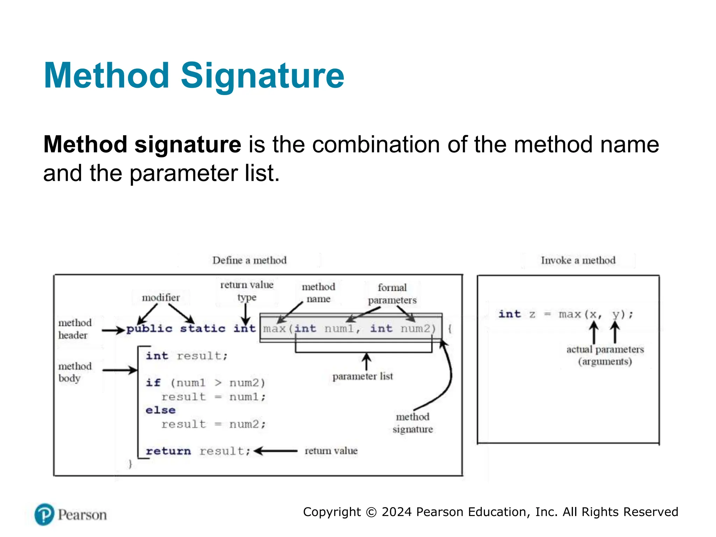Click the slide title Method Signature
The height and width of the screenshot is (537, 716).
194,76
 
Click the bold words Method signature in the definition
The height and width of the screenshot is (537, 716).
142,144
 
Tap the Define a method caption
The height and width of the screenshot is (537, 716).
249,260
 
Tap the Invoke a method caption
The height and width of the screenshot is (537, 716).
578,260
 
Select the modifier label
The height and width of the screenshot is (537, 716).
160,298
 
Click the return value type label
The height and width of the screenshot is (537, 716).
247,291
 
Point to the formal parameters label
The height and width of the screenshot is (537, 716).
392,294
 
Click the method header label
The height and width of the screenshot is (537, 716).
75,329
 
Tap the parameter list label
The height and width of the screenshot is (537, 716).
363,377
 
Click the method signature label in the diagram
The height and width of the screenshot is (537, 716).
413,423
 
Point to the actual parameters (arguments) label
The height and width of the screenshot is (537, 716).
605,355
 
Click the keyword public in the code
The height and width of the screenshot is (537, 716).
149,329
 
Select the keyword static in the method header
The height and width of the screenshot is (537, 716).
202,329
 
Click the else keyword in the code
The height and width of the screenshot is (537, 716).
160,410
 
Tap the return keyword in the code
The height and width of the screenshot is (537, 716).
168,451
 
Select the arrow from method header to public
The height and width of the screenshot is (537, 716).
113,330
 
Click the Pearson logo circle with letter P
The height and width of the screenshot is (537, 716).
44,514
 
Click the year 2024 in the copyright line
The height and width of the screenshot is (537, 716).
396,512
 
